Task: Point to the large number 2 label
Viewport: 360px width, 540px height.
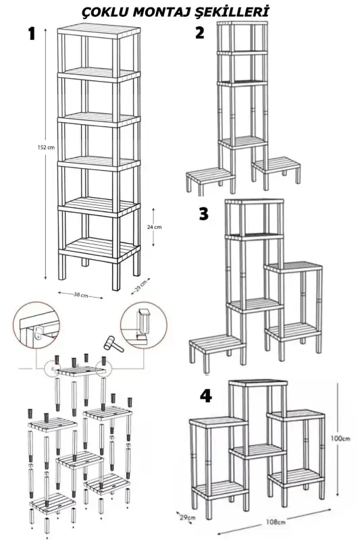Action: [199, 34]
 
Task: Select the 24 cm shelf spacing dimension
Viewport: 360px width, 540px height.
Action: [155, 227]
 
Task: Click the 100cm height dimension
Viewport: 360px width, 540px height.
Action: [341, 438]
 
